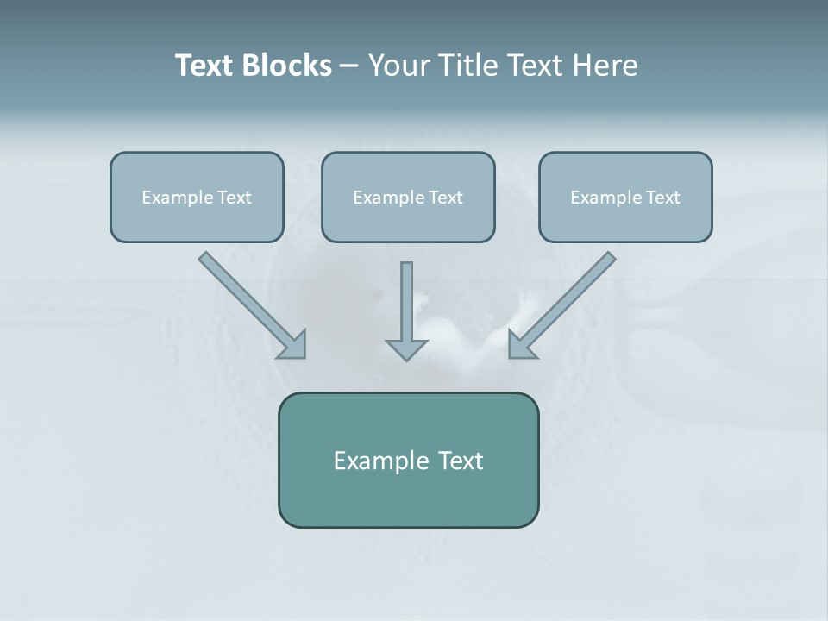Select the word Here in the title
pos(603,66)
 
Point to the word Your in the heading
pos(398,66)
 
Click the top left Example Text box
pos(197,198)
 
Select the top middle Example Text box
pos(408,198)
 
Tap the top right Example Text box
pos(625,198)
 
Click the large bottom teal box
pos(408,460)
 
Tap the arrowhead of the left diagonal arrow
pos(294,344)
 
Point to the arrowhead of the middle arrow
pos(406,348)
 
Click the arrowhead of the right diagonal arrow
pos(521,344)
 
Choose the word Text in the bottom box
pos(460,461)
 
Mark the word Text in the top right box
pos(662,198)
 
